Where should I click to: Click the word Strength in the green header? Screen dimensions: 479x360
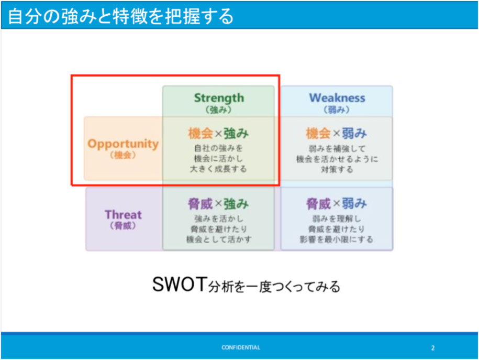[219, 98]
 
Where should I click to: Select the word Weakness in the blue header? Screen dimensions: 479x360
[337, 98]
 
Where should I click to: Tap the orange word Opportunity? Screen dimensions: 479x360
[123, 144]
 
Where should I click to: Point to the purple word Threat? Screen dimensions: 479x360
[123, 214]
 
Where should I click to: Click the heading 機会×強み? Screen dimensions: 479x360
[218, 133]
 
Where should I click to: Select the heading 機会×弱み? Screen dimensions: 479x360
[336, 133]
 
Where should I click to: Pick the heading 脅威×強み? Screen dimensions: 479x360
[218, 204]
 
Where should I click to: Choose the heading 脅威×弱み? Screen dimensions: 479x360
[336, 204]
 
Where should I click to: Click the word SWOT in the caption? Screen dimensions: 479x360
[180, 284]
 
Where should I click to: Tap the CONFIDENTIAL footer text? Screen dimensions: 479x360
[241, 347]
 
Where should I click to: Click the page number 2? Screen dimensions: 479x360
[433, 348]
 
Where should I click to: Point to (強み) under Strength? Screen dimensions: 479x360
[218, 110]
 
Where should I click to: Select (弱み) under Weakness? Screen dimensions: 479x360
[336, 110]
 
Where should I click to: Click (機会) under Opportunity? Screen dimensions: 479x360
[123, 155]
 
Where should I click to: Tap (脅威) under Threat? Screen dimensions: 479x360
[123, 226]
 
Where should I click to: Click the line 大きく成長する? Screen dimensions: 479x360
[218, 169]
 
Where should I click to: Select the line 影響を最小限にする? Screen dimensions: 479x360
[336, 239]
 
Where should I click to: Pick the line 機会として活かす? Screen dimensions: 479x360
[219, 239]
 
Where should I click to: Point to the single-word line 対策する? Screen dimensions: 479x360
[337, 169]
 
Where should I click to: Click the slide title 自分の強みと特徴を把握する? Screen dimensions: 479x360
[121, 16]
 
